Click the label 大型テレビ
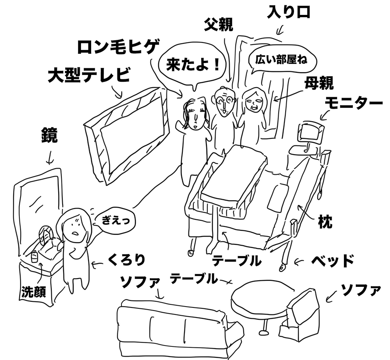coord(89,75)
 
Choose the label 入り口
coord(289,12)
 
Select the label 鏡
coord(49,136)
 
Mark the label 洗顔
coord(33,292)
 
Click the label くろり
coord(126,261)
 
